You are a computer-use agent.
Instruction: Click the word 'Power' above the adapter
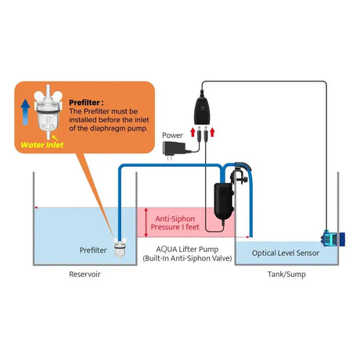click(171, 135)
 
